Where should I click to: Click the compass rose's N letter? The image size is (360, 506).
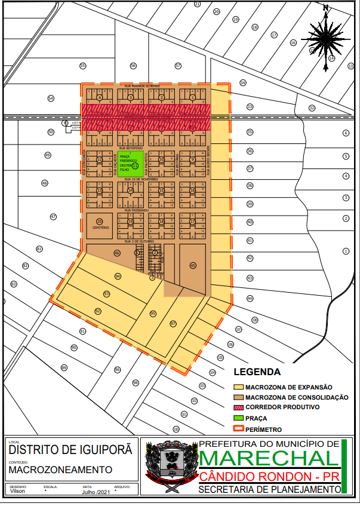(x=325, y=8)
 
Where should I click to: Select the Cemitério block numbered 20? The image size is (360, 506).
(x=100, y=224)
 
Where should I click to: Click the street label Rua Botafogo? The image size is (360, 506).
(x=131, y=147)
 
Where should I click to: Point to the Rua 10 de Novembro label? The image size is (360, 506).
(x=141, y=179)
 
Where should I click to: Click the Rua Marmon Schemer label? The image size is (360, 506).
(x=141, y=86)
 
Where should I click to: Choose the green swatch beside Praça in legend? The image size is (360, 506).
(x=238, y=418)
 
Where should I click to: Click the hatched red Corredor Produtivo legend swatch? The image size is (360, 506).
(x=238, y=407)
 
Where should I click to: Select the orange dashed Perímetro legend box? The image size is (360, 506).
(x=238, y=429)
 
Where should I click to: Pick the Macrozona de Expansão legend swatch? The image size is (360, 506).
(x=238, y=387)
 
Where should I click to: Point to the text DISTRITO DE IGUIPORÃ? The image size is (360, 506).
(x=70, y=450)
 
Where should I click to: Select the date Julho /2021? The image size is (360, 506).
(x=96, y=492)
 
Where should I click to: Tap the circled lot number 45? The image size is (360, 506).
(x=192, y=265)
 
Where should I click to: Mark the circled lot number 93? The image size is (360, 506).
(x=107, y=294)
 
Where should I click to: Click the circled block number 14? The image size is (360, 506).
(x=130, y=191)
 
